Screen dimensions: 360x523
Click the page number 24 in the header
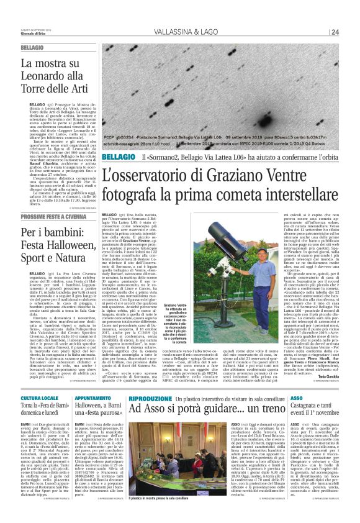tap(335, 33)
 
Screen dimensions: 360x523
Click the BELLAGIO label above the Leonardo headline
tap(32, 48)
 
